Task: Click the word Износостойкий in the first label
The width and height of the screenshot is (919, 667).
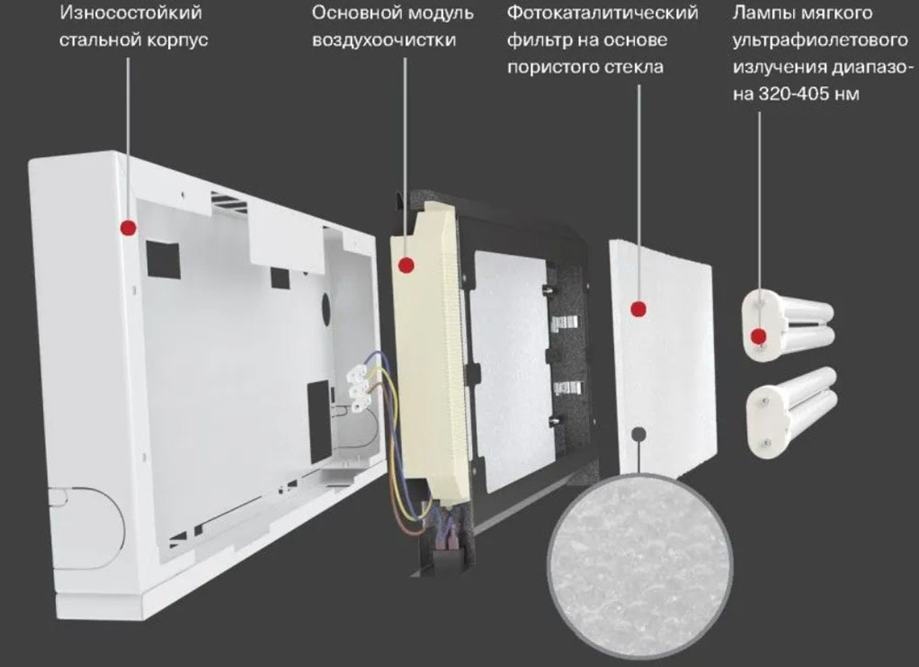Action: point(130,13)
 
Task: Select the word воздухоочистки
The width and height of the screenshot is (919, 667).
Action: point(384,40)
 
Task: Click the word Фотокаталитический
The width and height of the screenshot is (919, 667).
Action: point(603,13)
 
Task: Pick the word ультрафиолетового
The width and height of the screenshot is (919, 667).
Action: point(820,40)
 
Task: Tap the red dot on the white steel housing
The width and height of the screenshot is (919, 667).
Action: point(129,228)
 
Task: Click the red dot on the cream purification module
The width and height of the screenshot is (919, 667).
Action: point(406,266)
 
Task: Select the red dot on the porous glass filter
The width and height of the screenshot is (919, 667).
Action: point(639,309)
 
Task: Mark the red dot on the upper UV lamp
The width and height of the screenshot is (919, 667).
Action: point(759,336)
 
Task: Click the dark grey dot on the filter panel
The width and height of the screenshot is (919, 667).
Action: point(639,435)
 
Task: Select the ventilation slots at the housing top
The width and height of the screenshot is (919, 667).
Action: point(229,201)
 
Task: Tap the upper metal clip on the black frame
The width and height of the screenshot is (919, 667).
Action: point(564,320)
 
